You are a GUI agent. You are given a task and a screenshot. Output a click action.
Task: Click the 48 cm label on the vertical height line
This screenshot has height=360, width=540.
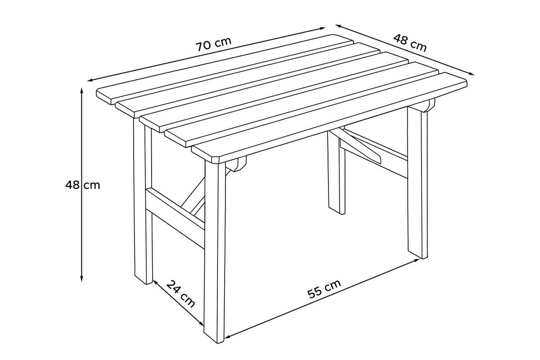[x=82, y=185]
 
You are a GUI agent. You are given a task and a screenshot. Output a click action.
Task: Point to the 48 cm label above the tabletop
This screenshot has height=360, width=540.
[x=410, y=43]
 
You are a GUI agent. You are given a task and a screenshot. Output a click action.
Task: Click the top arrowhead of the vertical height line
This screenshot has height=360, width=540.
[x=82, y=90]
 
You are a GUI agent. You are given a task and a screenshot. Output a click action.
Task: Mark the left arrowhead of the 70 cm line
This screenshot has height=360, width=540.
[x=90, y=80]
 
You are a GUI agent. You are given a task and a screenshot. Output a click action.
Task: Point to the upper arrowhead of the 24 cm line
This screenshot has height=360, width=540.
[x=155, y=282]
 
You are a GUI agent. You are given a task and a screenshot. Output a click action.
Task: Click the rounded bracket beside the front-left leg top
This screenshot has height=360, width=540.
[x=237, y=164]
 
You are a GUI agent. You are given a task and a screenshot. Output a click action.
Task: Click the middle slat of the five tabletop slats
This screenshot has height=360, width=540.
[x=274, y=92]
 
